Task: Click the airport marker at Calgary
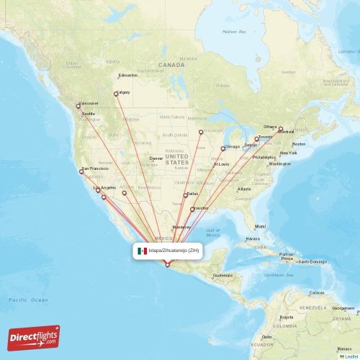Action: pos(115,94)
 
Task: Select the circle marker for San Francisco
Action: pos(81,171)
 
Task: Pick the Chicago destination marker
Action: pos(222,149)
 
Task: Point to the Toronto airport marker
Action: pos(257,138)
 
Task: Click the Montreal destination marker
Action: pos(282,129)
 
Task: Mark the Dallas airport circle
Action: pos(185,194)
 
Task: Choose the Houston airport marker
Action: pos(192,210)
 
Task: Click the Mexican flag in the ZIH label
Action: pos(142,251)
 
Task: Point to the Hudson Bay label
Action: pos(234,32)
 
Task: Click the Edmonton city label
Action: pos(127,75)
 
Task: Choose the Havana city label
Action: pos(251,238)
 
